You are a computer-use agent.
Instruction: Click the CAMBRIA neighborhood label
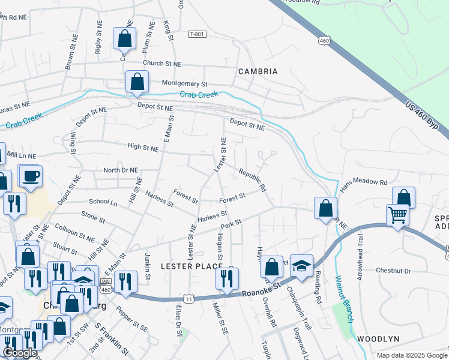click(x=258, y=71)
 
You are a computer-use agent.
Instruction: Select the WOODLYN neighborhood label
click(x=378, y=339)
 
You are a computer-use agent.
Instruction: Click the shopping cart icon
click(x=398, y=215)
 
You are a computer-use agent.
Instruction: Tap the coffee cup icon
click(x=30, y=176)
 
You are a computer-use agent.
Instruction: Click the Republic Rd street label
click(x=252, y=179)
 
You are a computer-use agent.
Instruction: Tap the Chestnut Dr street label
click(x=393, y=271)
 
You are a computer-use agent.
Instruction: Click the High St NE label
click(x=143, y=146)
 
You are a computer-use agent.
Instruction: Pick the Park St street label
click(x=231, y=223)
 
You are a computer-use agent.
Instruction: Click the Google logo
click(x=20, y=353)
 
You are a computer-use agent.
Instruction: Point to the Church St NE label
click(x=161, y=63)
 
